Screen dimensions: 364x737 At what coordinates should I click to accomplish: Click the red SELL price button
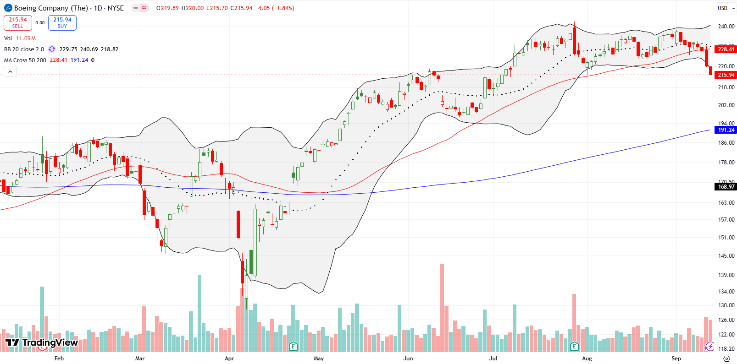[x=17, y=23]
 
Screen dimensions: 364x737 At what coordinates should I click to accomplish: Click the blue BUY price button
[x=62, y=23]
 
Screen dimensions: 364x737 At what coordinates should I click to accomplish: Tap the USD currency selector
[x=722, y=8]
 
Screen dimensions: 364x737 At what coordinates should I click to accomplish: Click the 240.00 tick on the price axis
[x=726, y=27]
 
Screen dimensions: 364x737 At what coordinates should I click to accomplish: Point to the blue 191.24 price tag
[x=726, y=130]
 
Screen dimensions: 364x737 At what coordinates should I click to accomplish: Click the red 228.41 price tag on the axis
[x=726, y=49]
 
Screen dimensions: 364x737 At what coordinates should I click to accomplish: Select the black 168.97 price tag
[x=726, y=186]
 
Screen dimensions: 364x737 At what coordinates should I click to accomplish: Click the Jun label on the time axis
[x=408, y=359]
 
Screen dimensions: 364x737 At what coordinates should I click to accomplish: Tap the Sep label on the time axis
[x=676, y=359]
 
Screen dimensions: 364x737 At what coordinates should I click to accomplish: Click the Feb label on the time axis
[x=59, y=359]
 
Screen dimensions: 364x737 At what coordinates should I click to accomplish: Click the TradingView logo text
[x=50, y=342]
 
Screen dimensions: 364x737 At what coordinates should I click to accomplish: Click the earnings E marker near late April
[x=293, y=346]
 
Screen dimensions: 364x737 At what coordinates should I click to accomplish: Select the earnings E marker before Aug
[x=574, y=346]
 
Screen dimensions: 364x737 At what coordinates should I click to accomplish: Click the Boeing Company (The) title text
[x=50, y=8]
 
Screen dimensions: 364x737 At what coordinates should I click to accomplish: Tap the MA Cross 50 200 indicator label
[x=25, y=60]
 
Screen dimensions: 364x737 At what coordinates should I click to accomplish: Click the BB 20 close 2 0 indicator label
[x=24, y=49]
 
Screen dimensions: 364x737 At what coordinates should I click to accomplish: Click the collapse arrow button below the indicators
[x=10, y=71]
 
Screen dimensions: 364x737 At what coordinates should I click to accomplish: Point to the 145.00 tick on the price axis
[x=726, y=255]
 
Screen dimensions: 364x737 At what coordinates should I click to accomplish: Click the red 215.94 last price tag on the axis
[x=726, y=75]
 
